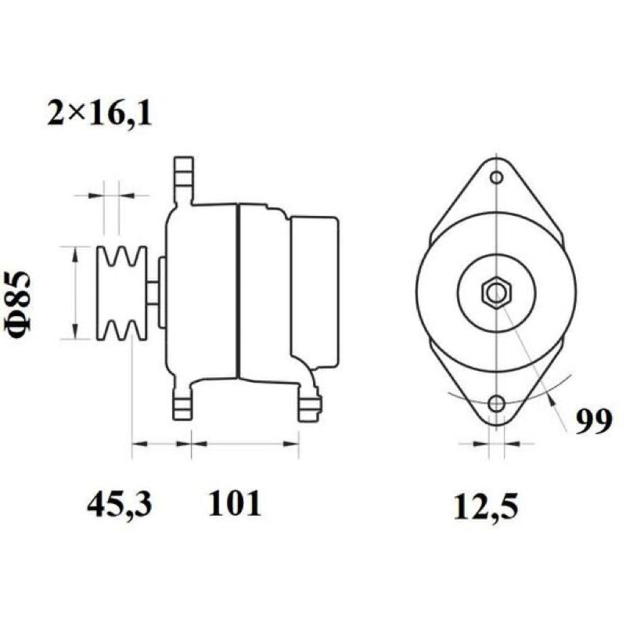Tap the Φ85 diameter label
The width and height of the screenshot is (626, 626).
tap(18, 304)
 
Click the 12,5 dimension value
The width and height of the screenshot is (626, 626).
tap(485, 507)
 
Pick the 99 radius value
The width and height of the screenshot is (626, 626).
tap(594, 421)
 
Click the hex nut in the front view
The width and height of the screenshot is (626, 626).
tap(496, 293)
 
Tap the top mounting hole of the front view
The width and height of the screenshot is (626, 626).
tap(496, 178)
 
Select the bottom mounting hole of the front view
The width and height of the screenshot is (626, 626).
tap(496, 403)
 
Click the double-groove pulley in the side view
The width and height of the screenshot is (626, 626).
tap(122, 293)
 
